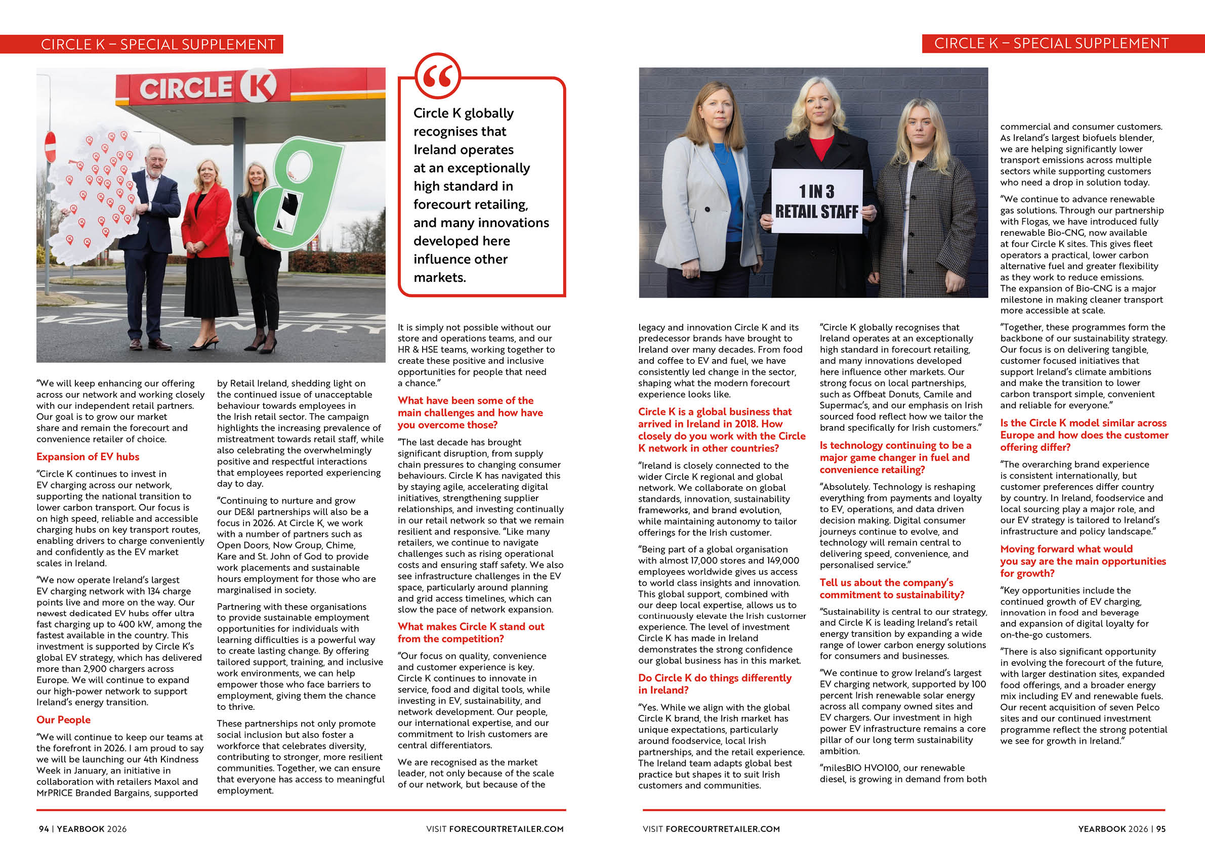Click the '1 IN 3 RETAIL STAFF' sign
tap(817, 201)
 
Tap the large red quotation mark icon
tap(437, 76)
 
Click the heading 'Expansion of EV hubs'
tap(88, 456)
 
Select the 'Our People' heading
tap(63, 720)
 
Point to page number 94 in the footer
tap(44, 829)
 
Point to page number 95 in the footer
tap(1160, 829)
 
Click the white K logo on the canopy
tap(258, 86)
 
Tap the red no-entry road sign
tap(51, 147)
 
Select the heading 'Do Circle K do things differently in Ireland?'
tap(714, 684)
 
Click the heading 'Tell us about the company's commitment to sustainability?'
tap(892, 588)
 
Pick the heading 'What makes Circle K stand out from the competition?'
tap(471, 633)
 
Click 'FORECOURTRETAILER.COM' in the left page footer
tap(506, 829)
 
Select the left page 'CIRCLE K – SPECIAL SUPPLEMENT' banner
tap(157, 44)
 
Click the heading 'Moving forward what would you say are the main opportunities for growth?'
tap(1083, 561)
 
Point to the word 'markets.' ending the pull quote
tap(440, 278)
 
